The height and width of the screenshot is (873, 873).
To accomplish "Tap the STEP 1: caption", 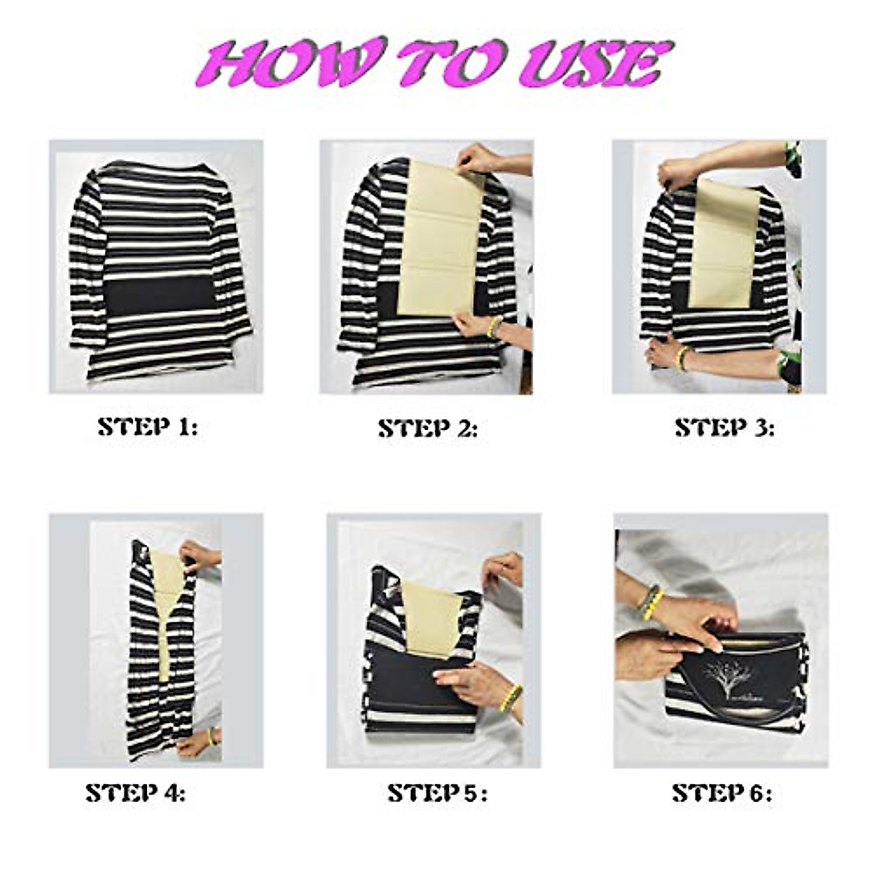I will (x=148, y=427).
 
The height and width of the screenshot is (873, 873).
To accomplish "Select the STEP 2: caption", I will (x=428, y=429).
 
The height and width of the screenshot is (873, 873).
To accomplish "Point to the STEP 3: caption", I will (x=725, y=428).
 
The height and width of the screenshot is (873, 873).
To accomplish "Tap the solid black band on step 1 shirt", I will (x=160, y=295).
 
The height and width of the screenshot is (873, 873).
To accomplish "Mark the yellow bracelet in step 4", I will (x=211, y=736).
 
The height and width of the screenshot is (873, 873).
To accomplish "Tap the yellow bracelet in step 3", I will (x=682, y=358).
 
